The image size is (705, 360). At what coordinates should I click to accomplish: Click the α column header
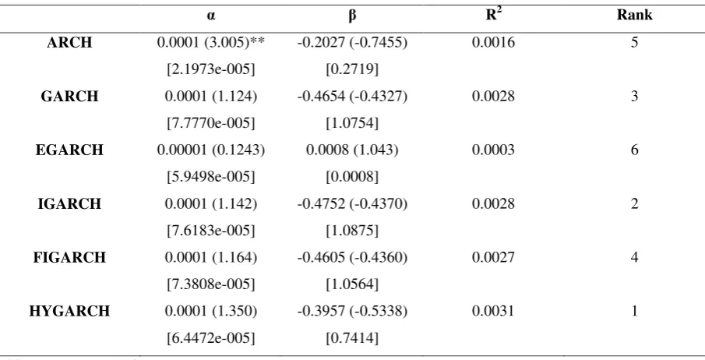pos(211,16)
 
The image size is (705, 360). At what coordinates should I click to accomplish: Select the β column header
pos(352,16)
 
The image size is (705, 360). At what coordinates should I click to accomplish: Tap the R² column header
pos(493,15)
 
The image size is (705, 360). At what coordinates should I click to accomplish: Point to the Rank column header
pos(634,15)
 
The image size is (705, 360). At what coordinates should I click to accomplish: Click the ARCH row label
pos(69,43)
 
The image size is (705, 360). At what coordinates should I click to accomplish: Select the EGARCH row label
pos(69,150)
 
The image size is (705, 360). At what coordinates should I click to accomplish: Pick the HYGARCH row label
pos(69,312)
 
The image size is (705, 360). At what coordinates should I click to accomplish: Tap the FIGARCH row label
pos(69,257)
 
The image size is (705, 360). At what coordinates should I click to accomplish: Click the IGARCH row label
pos(69,204)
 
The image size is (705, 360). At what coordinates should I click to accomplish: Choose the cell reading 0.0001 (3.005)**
pos(211,43)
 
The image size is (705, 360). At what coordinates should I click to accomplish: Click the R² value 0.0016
pos(493,43)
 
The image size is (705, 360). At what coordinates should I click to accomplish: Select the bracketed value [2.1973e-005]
pos(211,70)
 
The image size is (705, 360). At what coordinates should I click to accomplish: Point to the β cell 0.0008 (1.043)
pos(352,150)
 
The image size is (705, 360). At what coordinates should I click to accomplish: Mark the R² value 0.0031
pos(493,312)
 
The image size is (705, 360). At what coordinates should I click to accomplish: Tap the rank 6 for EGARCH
pos(634,150)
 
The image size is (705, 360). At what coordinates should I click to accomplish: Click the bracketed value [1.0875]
pos(352,231)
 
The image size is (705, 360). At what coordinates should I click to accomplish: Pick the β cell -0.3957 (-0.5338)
pos(352,312)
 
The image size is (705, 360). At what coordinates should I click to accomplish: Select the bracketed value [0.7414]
pos(352,338)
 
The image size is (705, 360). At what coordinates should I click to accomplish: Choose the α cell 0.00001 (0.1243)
pos(211,150)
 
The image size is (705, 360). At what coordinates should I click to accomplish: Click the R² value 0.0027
pos(493,257)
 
